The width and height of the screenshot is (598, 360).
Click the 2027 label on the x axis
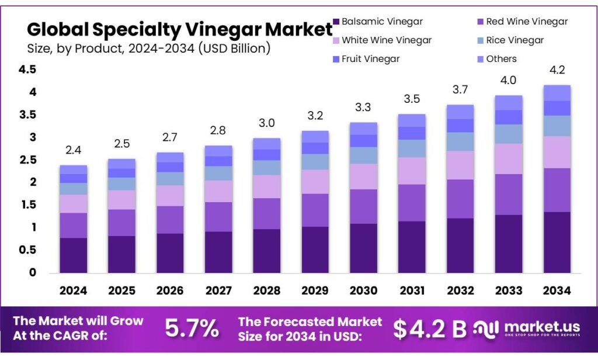coord(218,290)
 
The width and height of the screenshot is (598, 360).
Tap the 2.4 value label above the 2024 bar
coord(73,151)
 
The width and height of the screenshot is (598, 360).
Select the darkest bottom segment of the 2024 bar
coord(73,255)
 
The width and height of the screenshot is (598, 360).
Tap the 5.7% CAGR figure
coord(192,329)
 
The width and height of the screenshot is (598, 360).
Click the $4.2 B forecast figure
coord(429,330)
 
